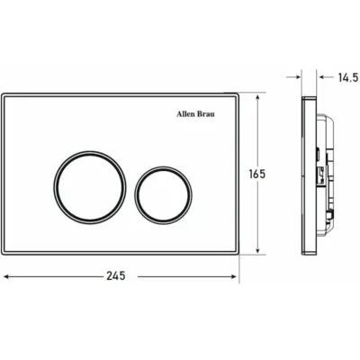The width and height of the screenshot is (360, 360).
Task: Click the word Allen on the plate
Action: click(x=185, y=114)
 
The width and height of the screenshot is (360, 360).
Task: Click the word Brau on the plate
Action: click(x=205, y=114)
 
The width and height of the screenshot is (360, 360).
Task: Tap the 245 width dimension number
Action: click(x=116, y=275)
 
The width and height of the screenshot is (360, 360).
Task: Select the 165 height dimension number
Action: click(x=257, y=174)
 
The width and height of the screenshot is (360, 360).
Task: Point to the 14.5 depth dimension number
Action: click(x=348, y=77)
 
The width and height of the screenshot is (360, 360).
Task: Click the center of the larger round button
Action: click(x=90, y=187)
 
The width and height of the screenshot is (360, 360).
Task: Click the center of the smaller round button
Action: click(x=163, y=195)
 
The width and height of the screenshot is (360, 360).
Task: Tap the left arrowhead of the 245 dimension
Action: click(x=6, y=276)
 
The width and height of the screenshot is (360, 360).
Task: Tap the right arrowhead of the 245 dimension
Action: click(x=234, y=276)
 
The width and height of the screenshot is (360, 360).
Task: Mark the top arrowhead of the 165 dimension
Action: click(x=257, y=98)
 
